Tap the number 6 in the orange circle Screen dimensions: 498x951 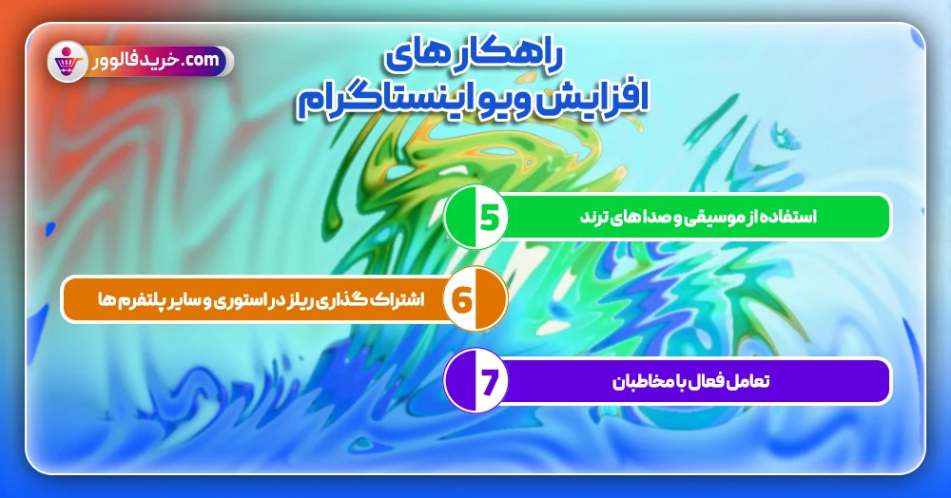463,300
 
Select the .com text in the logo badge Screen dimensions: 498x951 204,61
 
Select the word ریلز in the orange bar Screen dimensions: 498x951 295,300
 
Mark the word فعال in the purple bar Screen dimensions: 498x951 706,382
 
